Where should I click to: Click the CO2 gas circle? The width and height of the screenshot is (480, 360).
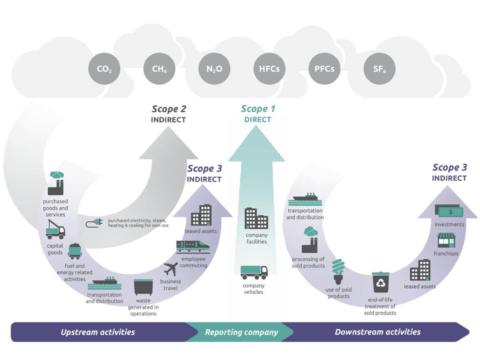(x=104, y=69)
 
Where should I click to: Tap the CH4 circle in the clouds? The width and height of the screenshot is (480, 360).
(x=159, y=69)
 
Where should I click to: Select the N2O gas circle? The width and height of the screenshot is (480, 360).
(x=214, y=69)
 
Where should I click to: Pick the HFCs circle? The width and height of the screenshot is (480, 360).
(x=269, y=69)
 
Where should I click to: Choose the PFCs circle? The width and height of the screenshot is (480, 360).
(x=324, y=69)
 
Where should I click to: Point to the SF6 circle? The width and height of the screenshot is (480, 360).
(x=379, y=69)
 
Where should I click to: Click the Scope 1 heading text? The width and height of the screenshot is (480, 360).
(x=258, y=109)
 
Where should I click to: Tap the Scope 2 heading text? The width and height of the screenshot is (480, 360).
(x=169, y=109)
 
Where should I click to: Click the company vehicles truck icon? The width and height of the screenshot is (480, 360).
(x=254, y=272)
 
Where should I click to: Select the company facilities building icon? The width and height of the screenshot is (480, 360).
(x=256, y=218)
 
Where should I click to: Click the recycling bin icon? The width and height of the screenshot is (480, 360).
(x=380, y=282)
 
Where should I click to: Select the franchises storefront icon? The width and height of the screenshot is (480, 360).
(x=446, y=241)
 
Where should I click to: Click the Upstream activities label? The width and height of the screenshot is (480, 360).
(x=98, y=332)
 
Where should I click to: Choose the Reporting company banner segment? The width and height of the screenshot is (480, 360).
(x=241, y=332)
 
